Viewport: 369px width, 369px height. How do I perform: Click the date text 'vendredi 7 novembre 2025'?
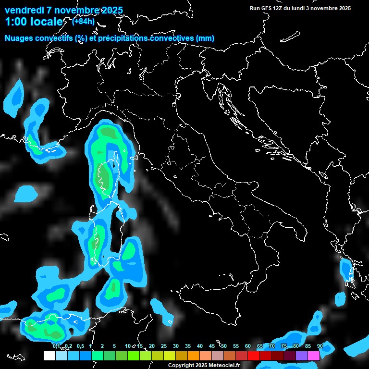click(x=63, y=10)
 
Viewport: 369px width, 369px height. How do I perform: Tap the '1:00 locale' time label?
click(x=34, y=22)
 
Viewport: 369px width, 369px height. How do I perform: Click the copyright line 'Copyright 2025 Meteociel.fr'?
click(x=204, y=365)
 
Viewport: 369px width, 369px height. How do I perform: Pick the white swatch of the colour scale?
click(x=49, y=356)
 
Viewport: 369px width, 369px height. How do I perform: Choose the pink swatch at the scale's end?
click(x=314, y=356)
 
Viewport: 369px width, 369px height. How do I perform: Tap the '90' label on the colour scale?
click(x=320, y=346)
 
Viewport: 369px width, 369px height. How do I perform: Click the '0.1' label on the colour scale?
click(x=56, y=346)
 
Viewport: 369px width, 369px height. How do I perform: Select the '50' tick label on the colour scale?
click(x=224, y=346)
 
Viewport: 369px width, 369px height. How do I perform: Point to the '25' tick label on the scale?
click(x=164, y=346)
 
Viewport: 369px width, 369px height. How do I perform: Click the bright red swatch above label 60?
click(x=254, y=356)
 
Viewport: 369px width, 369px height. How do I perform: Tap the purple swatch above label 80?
click(x=302, y=356)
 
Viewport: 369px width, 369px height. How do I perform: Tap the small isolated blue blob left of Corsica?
click(x=25, y=194)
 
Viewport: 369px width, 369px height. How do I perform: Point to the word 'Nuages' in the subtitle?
click(x=19, y=38)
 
